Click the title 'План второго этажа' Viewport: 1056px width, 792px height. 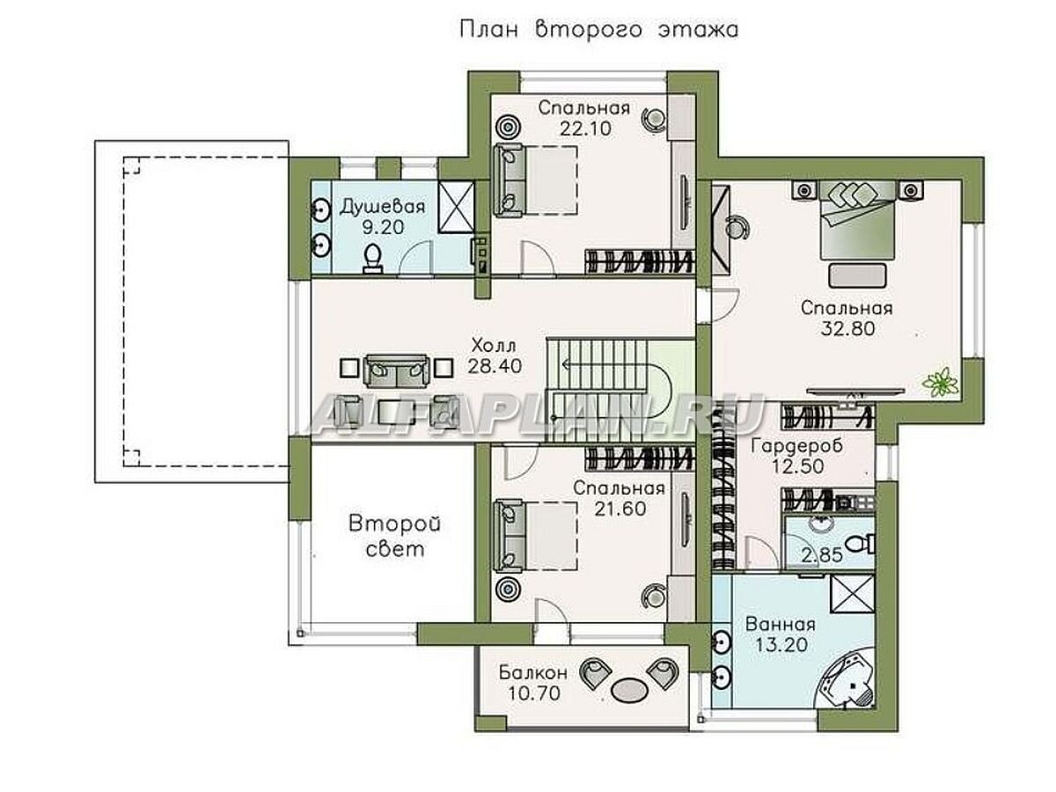(x=598, y=30)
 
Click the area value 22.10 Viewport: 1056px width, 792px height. (x=585, y=128)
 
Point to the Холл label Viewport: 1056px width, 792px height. (x=494, y=345)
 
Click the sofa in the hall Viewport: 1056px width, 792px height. (x=396, y=371)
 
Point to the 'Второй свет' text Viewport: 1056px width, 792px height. (x=394, y=536)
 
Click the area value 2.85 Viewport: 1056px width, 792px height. (x=821, y=555)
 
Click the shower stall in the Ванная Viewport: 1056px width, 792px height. (x=852, y=594)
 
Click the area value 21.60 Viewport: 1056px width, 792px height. (x=620, y=509)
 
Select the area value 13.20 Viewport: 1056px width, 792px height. (x=781, y=645)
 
